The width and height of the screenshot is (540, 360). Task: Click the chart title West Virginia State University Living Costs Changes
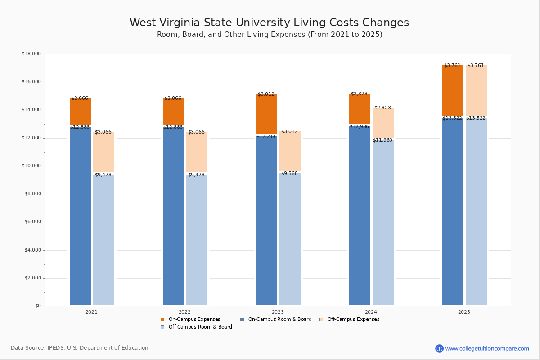pyautogui.click(x=269, y=23)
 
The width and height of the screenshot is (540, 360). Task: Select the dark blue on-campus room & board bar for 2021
pyautogui.click(x=80, y=216)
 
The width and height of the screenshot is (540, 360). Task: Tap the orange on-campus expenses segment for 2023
pyautogui.click(x=266, y=114)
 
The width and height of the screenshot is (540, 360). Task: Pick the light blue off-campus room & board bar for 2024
pyautogui.click(x=383, y=223)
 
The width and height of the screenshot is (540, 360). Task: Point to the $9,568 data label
pyautogui.click(x=289, y=174)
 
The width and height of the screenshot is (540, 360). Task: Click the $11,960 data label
pyautogui.click(x=382, y=140)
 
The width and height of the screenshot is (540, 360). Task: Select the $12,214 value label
pyautogui.click(x=266, y=137)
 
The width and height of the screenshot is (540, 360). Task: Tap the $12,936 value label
pyautogui.click(x=359, y=127)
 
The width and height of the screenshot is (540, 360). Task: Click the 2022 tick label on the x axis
pyautogui.click(x=184, y=312)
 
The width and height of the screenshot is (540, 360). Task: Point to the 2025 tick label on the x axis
pyautogui.click(x=464, y=312)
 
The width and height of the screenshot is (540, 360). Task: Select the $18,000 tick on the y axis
pyautogui.click(x=31, y=54)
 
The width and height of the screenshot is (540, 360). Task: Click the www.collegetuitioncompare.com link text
pyautogui.click(x=487, y=348)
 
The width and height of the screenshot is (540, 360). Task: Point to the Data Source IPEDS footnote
pyautogui.click(x=80, y=348)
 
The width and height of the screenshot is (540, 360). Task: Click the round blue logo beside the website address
pyautogui.click(x=439, y=348)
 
